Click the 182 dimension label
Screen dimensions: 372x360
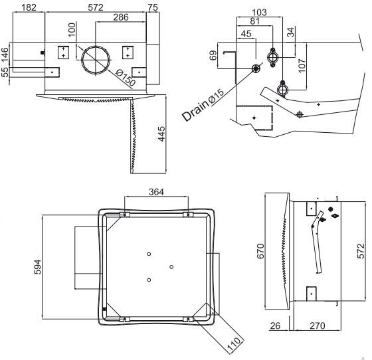pos(29,7)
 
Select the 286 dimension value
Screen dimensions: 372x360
pos(121,17)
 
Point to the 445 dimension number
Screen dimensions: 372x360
pos(161,134)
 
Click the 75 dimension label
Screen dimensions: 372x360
pos(153,7)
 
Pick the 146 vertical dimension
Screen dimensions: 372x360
pos(5,54)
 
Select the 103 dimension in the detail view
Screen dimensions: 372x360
pos(259,12)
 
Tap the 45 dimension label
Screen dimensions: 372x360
pos(246,34)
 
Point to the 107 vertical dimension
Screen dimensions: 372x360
pos(302,66)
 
